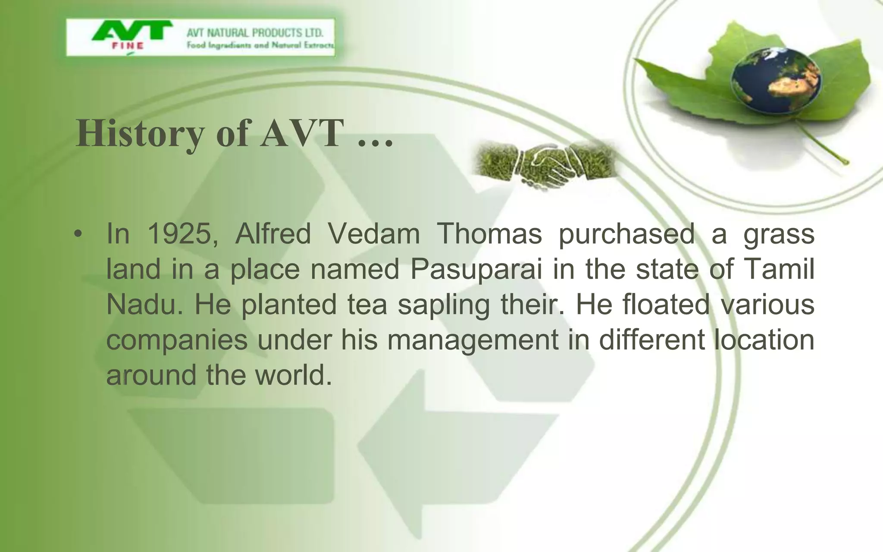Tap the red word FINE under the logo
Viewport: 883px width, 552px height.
point(128,46)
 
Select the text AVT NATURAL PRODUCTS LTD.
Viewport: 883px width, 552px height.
point(254,33)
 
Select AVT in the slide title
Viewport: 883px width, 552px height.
point(301,133)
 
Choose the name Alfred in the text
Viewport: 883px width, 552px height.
point(272,234)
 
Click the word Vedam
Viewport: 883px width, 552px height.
point(373,234)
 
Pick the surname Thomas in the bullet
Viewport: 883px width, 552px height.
point(489,234)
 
